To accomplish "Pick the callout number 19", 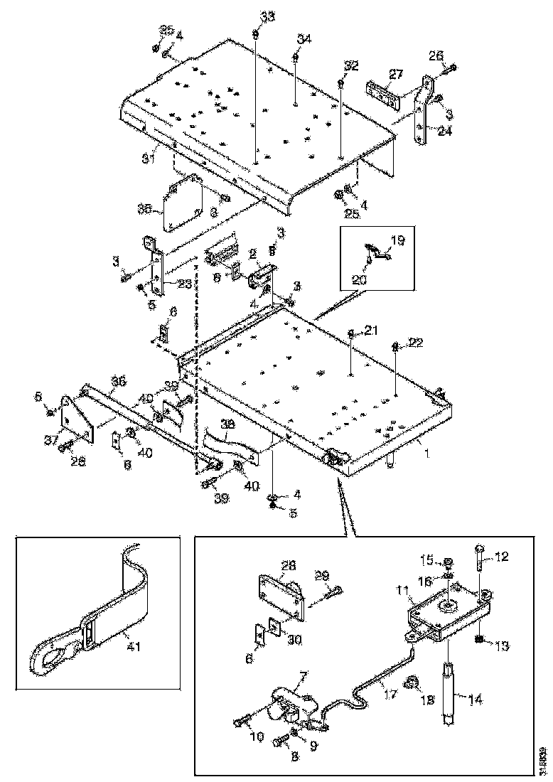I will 397,241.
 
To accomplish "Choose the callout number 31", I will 147,159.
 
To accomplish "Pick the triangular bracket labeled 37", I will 73,419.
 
